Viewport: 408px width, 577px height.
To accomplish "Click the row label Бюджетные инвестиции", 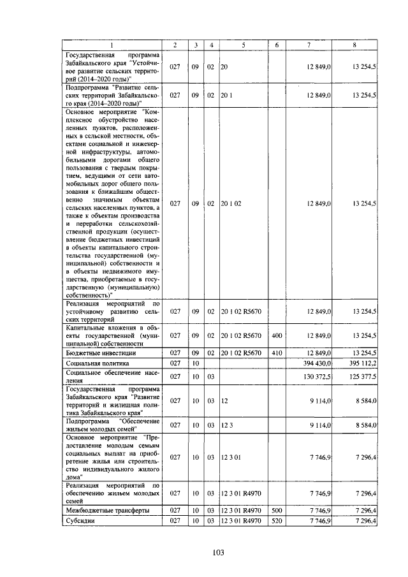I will pyautogui.click(x=101, y=352).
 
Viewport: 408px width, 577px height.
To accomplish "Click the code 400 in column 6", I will pyautogui.click(x=277, y=335).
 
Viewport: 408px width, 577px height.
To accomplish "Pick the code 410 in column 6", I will pyautogui.click(x=277, y=352).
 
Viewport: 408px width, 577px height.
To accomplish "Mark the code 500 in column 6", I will pyautogui.click(x=277, y=510).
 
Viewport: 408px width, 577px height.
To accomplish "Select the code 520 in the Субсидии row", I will pyautogui.click(x=277, y=521).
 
